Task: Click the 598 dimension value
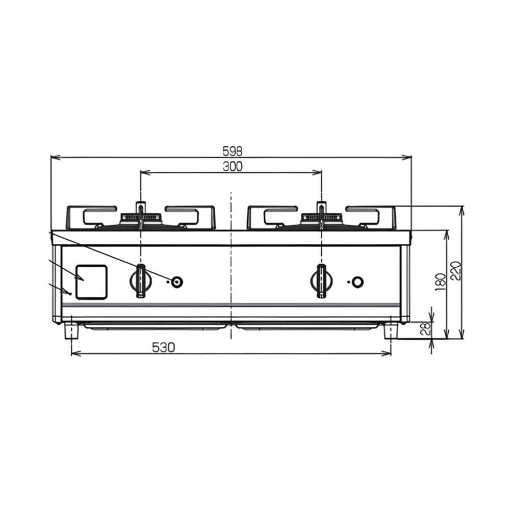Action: tap(232, 151)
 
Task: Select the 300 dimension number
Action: tap(232, 166)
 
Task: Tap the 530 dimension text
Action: tap(163, 347)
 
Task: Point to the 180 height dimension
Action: tap(440, 283)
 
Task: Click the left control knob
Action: tap(141, 281)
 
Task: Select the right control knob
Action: tap(321, 281)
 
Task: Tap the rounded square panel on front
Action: tap(91, 282)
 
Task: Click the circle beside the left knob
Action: tap(176, 282)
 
